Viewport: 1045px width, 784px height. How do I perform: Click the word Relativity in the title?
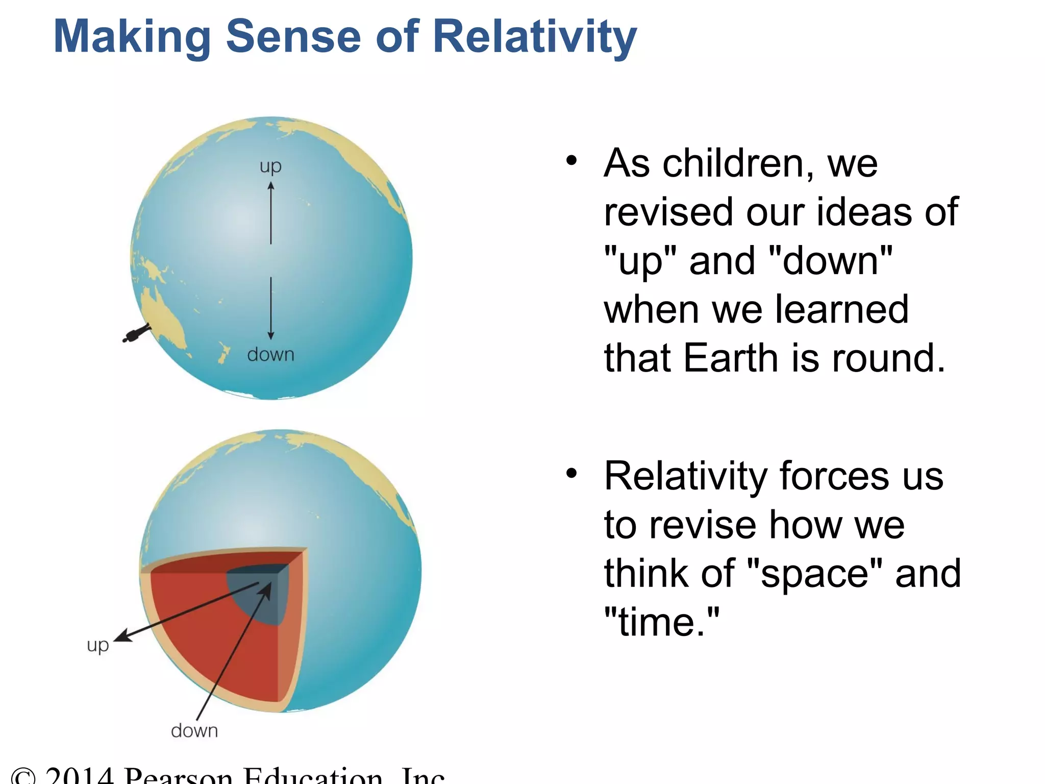point(534,37)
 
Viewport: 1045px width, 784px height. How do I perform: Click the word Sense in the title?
point(293,37)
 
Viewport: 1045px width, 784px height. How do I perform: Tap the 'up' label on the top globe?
point(270,167)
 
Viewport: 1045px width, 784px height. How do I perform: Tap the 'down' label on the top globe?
point(270,354)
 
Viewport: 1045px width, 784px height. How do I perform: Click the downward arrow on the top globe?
point(271,308)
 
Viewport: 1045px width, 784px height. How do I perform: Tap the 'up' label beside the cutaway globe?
point(98,646)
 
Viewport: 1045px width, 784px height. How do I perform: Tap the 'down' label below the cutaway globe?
point(194,730)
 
